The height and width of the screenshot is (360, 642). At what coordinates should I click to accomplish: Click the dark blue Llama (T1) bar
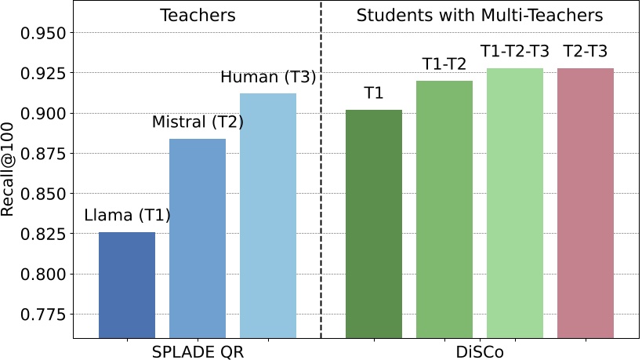click(x=127, y=285)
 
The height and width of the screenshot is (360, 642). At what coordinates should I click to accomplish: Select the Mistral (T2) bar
click(x=198, y=238)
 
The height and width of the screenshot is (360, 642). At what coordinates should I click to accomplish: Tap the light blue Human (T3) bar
click(x=268, y=216)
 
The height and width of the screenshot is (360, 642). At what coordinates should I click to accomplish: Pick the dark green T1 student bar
click(x=374, y=224)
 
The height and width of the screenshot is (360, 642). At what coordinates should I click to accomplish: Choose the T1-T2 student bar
click(x=444, y=209)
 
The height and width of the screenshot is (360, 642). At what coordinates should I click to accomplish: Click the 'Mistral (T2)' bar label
click(x=198, y=122)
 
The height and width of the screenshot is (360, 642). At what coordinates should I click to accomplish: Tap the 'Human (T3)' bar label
click(x=268, y=77)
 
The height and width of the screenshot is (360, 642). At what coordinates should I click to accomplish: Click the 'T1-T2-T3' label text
click(x=515, y=52)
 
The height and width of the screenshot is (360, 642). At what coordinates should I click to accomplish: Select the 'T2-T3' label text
click(x=586, y=52)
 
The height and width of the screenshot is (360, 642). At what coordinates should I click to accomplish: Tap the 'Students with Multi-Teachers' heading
click(x=480, y=15)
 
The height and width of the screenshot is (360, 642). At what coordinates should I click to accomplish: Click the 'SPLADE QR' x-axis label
click(x=198, y=351)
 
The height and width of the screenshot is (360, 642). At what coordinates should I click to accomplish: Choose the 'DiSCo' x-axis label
click(x=480, y=351)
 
